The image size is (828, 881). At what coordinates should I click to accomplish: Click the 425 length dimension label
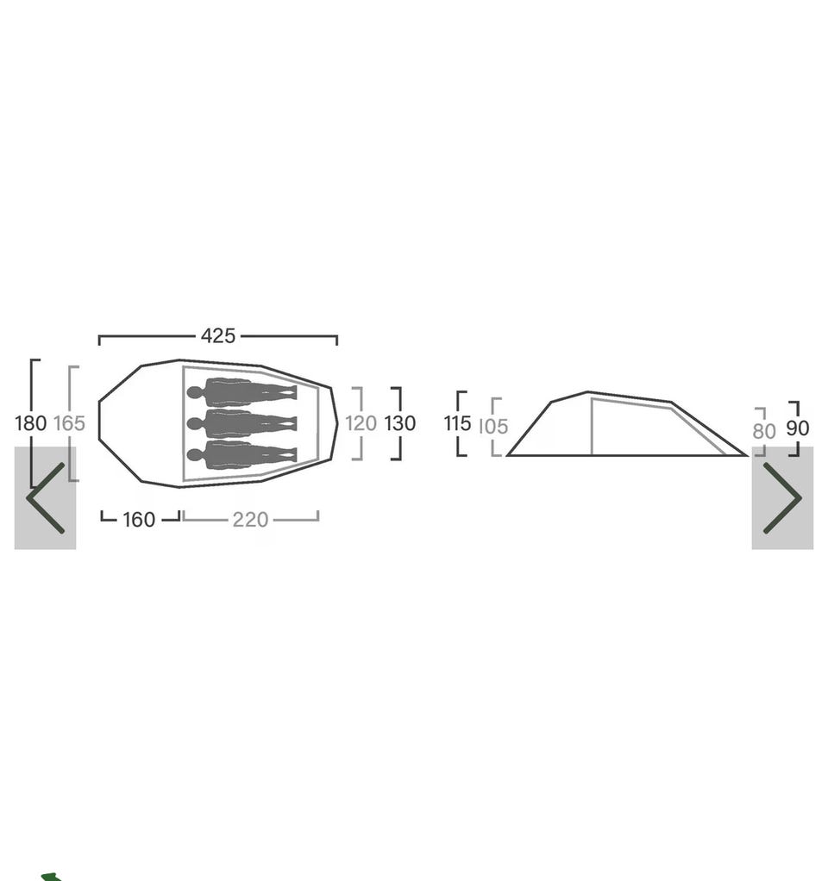218,336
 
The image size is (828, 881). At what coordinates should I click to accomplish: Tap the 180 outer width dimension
30,423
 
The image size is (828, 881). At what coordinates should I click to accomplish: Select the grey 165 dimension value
69,423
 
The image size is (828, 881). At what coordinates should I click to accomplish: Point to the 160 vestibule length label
139,520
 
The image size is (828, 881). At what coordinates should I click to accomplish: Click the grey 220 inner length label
250,520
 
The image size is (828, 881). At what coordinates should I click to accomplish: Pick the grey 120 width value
361,423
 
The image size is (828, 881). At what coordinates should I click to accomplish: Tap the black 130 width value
399,423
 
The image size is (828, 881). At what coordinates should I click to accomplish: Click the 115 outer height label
458,423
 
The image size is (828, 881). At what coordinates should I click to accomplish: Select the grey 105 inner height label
493,427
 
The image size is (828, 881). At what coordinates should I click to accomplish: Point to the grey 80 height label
764,432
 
